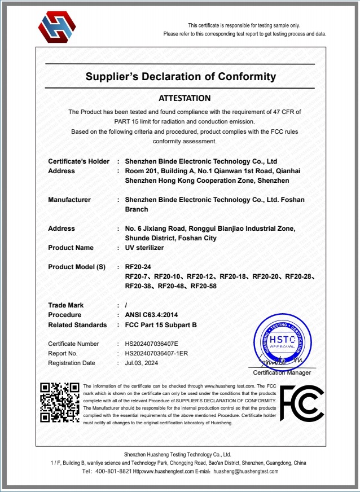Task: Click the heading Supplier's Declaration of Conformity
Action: point(181,77)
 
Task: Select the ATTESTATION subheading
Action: point(185,98)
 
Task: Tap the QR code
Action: point(60,402)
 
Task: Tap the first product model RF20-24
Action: point(138,267)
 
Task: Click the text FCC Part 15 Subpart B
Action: point(160,324)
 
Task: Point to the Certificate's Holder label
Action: point(79,161)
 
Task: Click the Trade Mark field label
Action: point(66,305)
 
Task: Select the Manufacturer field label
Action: point(69,200)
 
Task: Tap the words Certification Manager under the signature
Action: point(282,372)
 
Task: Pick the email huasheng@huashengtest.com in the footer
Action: point(246,471)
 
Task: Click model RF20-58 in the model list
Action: point(204,286)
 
